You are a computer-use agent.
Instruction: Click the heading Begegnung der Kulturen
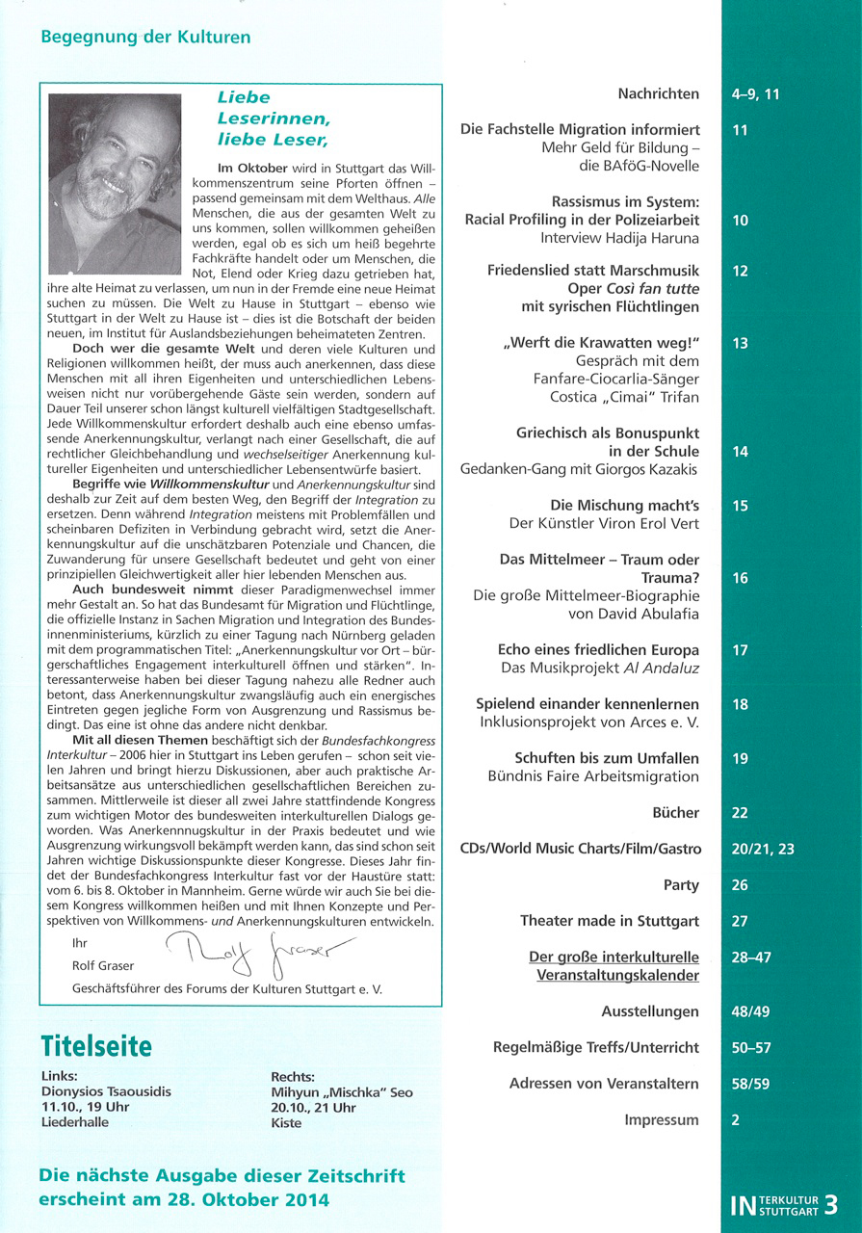145,38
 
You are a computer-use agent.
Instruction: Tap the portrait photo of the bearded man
115,184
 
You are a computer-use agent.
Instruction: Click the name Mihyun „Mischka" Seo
343,1092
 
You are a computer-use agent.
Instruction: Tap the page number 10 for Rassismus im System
740,221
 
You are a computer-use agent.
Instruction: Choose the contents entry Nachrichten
659,93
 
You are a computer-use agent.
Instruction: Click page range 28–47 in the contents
751,958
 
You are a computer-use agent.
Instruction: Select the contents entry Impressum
662,1119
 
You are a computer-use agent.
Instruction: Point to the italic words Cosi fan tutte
652,289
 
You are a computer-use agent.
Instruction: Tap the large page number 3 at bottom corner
831,1204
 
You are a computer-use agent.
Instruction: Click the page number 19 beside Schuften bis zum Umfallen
740,759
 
